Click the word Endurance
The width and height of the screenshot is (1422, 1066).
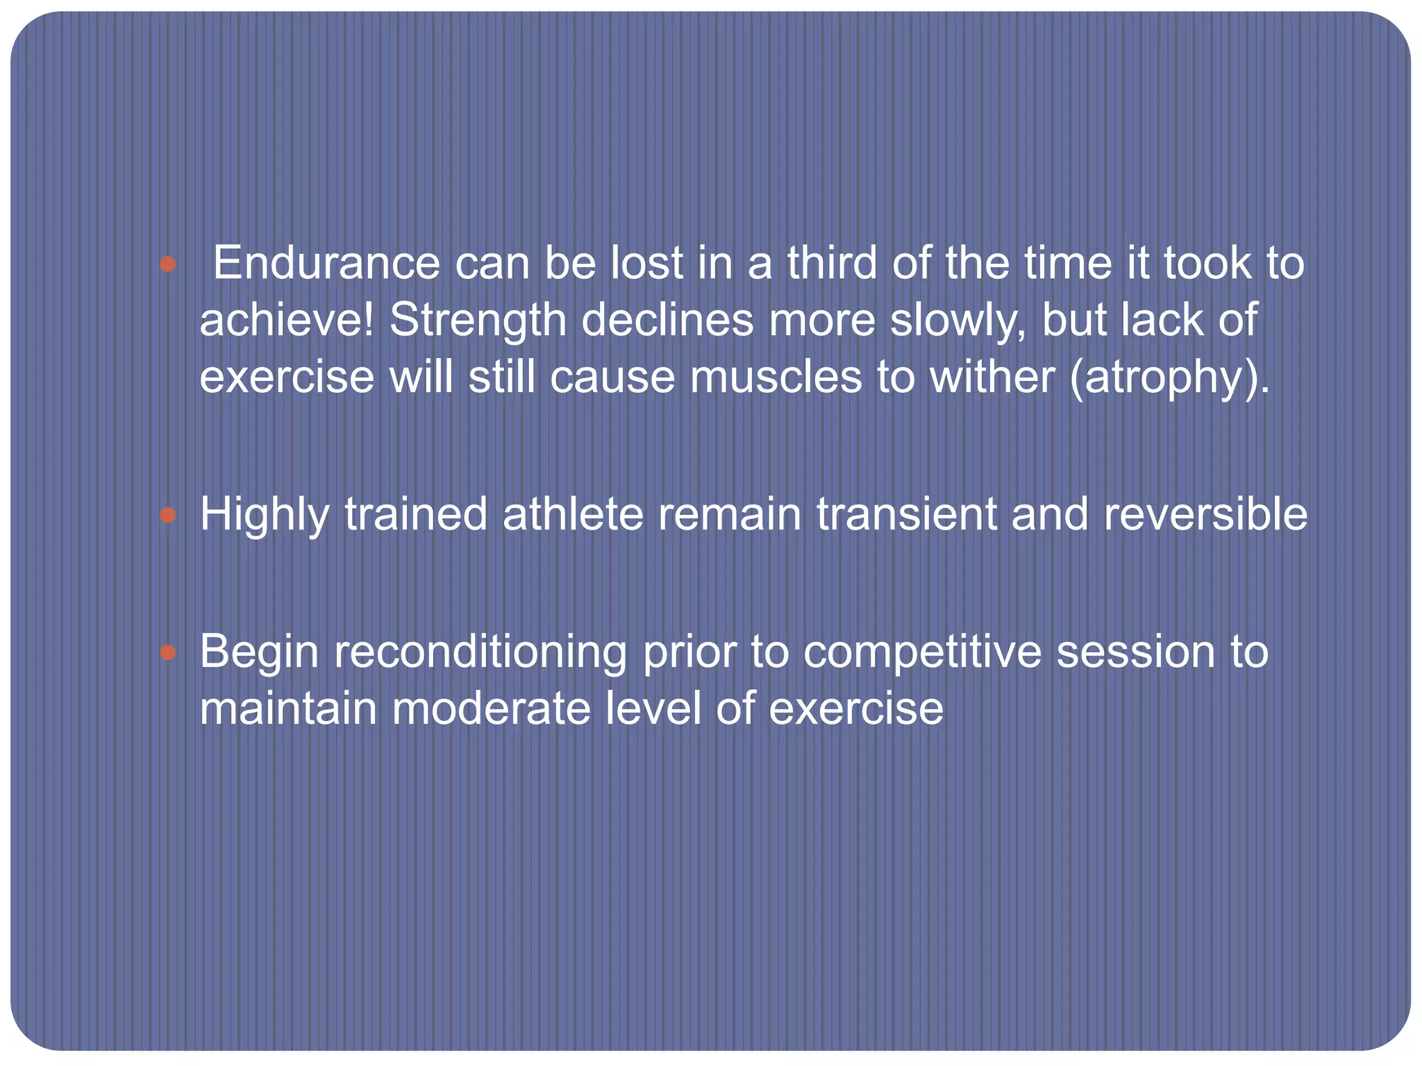[x=326, y=264]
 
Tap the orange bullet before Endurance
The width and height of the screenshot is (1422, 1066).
[x=167, y=264]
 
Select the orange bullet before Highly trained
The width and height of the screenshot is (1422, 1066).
[x=167, y=515]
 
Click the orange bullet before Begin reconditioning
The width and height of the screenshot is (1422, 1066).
[x=167, y=652]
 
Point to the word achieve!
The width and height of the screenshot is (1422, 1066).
[x=287, y=321]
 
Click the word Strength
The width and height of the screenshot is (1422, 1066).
[x=478, y=321]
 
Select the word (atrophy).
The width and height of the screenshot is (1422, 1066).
[x=1170, y=378]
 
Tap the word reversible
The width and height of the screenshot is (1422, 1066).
[x=1205, y=515]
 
